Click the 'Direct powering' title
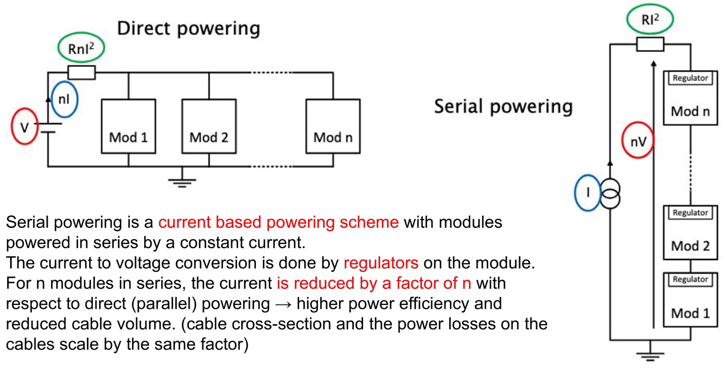tap(188, 28)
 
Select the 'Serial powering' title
tap(503, 106)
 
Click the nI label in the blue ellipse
tap(64, 99)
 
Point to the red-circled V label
tap(24, 126)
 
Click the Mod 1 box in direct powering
tap(128, 126)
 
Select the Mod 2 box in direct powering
tap(209, 126)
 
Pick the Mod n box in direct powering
tap(333, 126)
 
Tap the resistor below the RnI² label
tap(82, 72)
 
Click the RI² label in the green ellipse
tap(650, 20)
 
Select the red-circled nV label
tap(637, 141)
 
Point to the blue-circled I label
tap(588, 192)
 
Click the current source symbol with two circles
tap(610, 193)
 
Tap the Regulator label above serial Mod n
tap(690, 78)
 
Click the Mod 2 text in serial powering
tap(690, 246)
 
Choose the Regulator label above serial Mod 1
tap(690, 280)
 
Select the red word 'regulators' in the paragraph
tap(381, 263)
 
